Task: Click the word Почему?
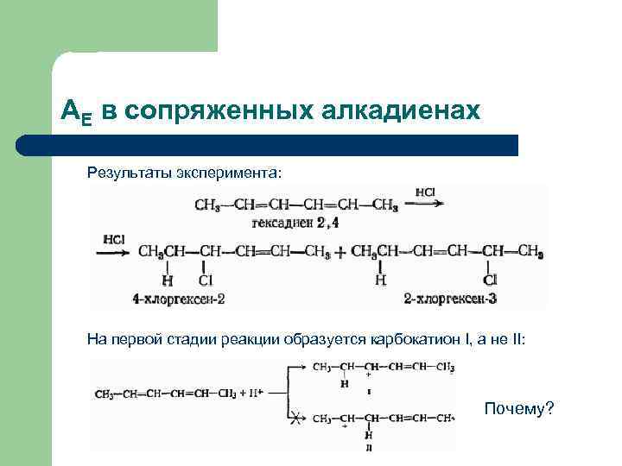(518, 407)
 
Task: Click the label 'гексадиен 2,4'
(289, 224)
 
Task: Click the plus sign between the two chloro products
(340, 252)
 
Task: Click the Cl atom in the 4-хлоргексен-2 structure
(206, 280)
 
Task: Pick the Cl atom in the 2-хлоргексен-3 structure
(491, 280)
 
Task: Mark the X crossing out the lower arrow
(295, 419)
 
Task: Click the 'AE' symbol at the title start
(76, 110)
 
